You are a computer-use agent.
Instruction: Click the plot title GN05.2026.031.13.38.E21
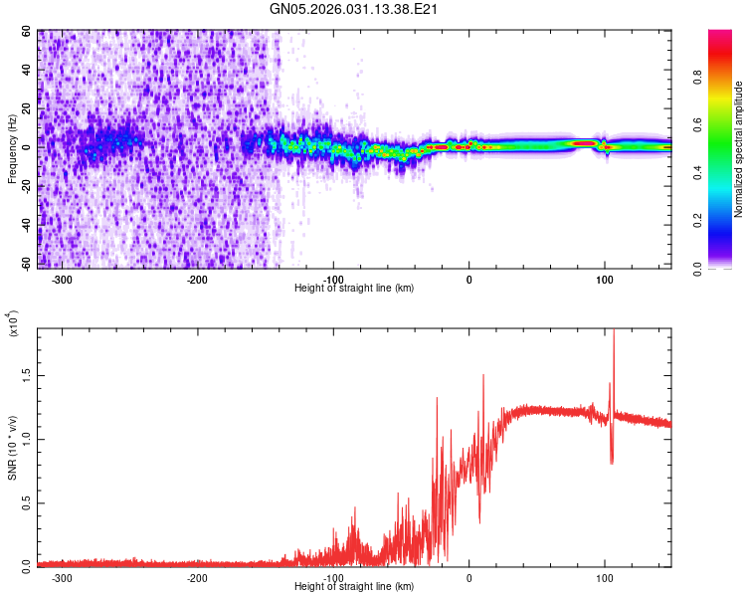pyautogui.click(x=354, y=9)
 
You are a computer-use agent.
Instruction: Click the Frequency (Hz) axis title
pyautogui.click(x=12, y=150)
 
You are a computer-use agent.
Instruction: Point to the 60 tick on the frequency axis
pyautogui.click(x=27, y=32)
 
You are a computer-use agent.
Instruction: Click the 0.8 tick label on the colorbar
pyautogui.click(x=699, y=79)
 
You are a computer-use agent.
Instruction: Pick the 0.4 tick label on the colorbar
pyautogui.click(x=699, y=174)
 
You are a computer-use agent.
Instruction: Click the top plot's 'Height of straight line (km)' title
pyautogui.click(x=354, y=289)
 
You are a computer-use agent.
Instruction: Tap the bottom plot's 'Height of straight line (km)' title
pyautogui.click(x=354, y=587)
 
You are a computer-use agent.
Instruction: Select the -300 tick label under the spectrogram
pyautogui.click(x=62, y=280)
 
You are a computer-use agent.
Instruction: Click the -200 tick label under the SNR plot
pyautogui.click(x=197, y=578)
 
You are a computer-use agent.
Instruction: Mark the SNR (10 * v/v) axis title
pyautogui.click(x=12, y=448)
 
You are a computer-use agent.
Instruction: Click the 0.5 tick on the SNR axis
pyautogui.click(x=26, y=502)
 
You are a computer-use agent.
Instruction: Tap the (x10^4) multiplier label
pyautogui.click(x=12, y=323)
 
